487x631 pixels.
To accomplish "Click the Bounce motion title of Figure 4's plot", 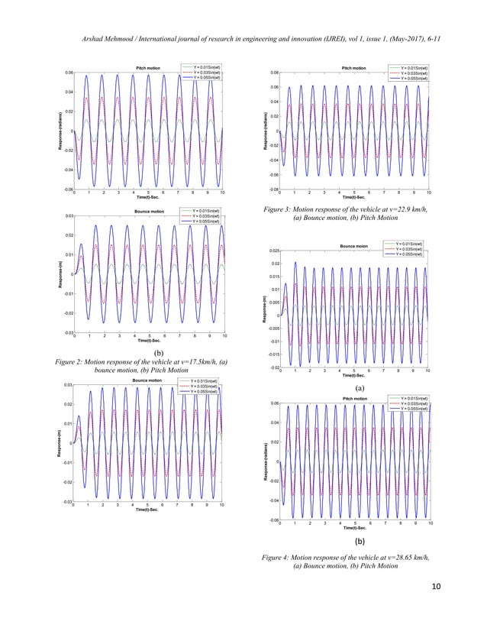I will tap(353, 246).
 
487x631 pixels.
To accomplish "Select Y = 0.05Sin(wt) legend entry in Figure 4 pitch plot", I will tap(411, 409).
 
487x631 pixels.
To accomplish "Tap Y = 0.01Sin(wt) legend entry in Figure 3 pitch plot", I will tap(411, 68).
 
